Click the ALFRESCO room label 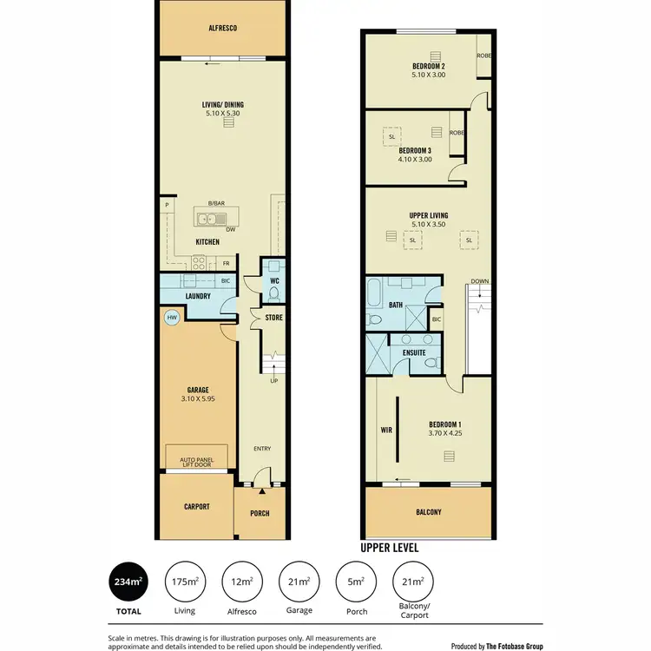[x=222, y=29]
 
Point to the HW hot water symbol [x=172, y=319]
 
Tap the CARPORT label [x=196, y=507]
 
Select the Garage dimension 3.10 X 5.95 [x=199, y=398]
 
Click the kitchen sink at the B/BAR [x=209, y=220]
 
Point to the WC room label [x=273, y=281]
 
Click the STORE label [x=274, y=318]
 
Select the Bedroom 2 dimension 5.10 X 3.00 [x=428, y=75]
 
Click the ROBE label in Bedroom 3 [x=457, y=133]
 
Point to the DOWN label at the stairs [x=480, y=281]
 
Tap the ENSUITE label [x=413, y=353]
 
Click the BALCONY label [x=428, y=512]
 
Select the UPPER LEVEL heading [x=389, y=548]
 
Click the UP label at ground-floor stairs [x=273, y=381]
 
